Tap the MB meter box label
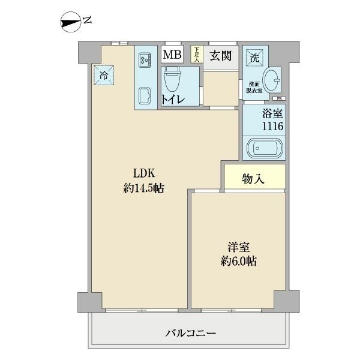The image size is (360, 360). click(x=173, y=55)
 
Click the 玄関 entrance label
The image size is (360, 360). click(x=221, y=55)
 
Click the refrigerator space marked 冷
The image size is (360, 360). click(x=103, y=75)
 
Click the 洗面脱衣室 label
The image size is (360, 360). click(x=251, y=87)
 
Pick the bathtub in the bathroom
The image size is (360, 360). click(x=263, y=148)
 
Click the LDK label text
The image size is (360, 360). click(x=144, y=175)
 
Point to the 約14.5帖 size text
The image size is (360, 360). click(x=144, y=188)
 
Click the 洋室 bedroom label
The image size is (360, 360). click(x=238, y=248)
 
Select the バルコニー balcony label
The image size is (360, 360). click(x=190, y=333)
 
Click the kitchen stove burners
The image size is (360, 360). click(x=145, y=59)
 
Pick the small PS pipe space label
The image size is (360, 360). click(x=278, y=99)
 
